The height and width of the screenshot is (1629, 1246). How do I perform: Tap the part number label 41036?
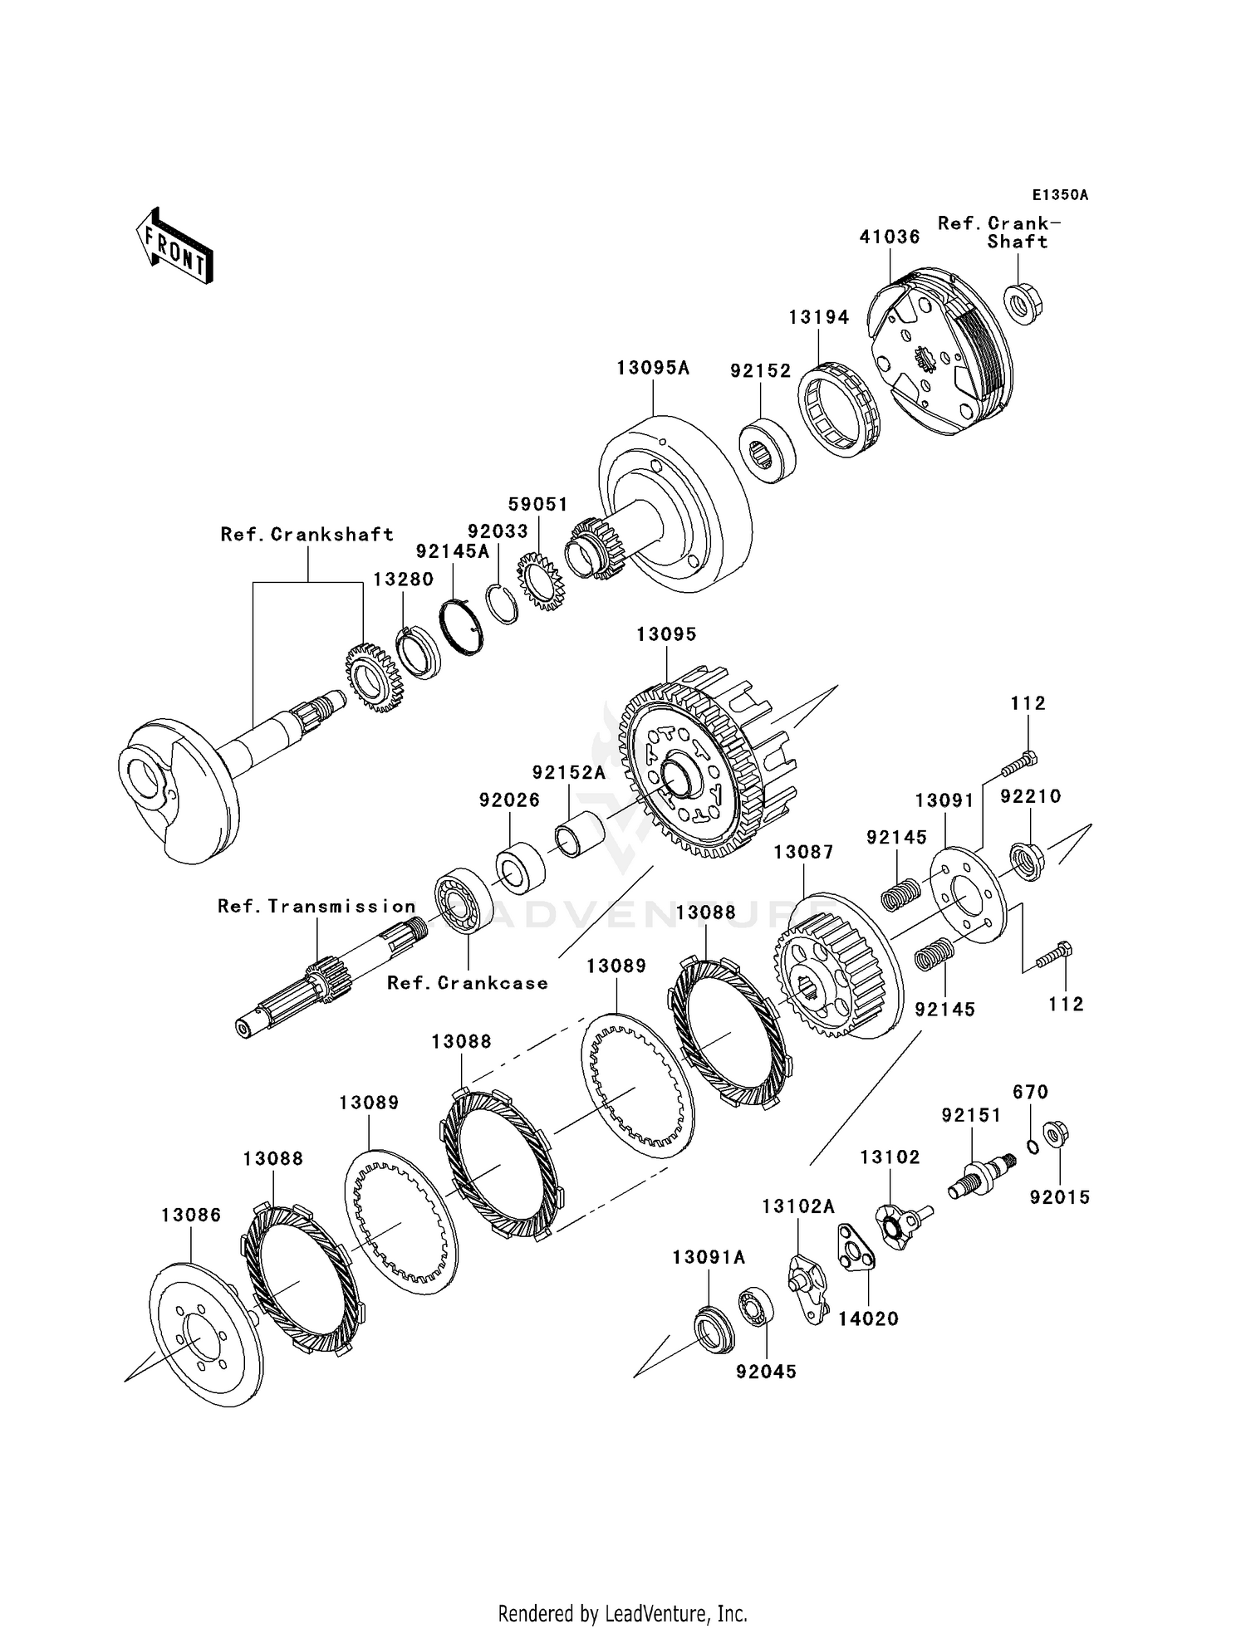click(889, 237)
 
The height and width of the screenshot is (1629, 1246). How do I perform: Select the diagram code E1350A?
click(1060, 195)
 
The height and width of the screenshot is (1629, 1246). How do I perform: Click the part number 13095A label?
click(653, 368)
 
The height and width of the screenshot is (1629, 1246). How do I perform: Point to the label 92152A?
click(569, 773)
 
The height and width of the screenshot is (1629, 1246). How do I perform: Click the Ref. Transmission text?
click(316, 907)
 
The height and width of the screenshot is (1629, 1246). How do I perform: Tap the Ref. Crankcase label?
click(468, 983)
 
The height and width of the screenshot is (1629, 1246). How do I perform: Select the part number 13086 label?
click(191, 1216)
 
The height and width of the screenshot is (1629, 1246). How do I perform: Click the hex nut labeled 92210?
click(1028, 862)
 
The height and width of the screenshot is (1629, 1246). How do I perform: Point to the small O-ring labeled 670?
click(1033, 1147)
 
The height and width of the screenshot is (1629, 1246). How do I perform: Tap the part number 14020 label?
click(868, 1318)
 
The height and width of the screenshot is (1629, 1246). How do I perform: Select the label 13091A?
click(709, 1258)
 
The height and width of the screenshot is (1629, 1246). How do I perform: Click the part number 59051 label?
click(538, 505)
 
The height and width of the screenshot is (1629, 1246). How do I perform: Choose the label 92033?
click(498, 531)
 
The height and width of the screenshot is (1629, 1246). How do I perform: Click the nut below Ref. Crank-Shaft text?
click(1023, 303)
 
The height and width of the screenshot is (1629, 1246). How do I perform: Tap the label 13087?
click(803, 853)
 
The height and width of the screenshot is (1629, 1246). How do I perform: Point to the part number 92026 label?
click(509, 800)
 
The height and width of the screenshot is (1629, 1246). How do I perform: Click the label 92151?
click(971, 1116)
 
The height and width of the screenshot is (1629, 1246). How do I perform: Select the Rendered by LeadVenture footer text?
click(622, 1614)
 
